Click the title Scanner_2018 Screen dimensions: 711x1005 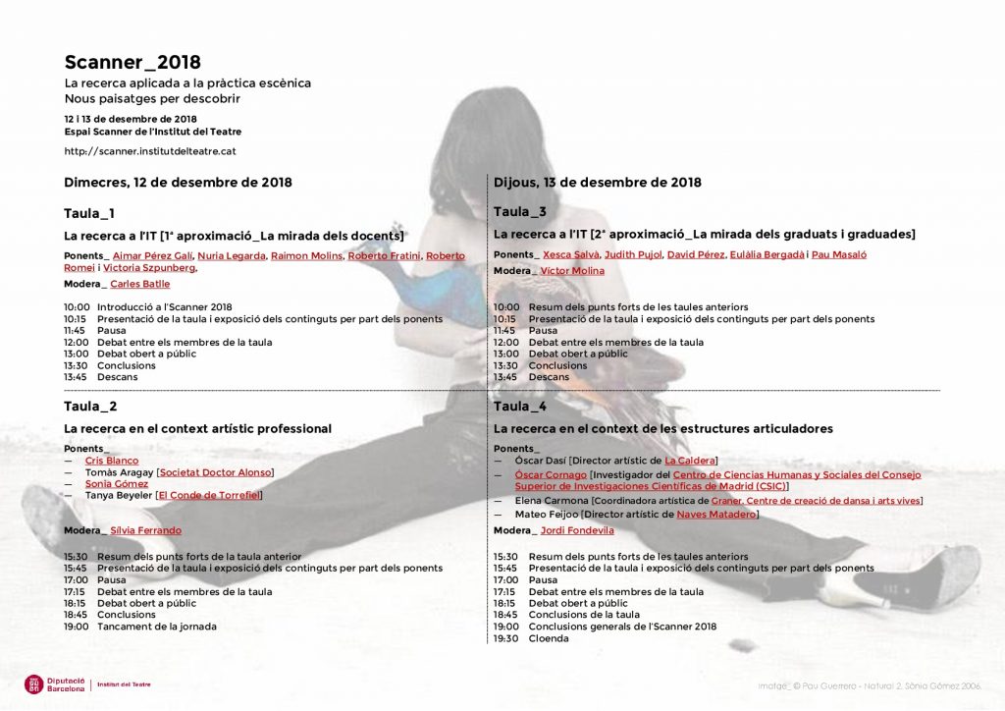pyautogui.click(x=132, y=63)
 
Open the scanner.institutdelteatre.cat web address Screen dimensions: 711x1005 pyautogui.click(x=150, y=151)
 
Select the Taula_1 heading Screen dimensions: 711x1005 pyautogui.click(x=89, y=213)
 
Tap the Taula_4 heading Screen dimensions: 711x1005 pyautogui.click(x=520, y=406)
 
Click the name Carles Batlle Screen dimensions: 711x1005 pyautogui.click(x=140, y=284)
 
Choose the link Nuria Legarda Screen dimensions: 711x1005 pyautogui.click(x=232, y=255)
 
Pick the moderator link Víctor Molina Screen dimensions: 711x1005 pyautogui.click(x=572, y=271)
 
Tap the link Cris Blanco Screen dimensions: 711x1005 pyautogui.click(x=112, y=461)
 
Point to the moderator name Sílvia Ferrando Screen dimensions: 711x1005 pyautogui.click(x=146, y=530)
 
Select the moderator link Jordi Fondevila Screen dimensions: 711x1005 pyautogui.click(x=577, y=530)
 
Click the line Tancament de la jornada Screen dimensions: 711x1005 pyautogui.click(x=156, y=627)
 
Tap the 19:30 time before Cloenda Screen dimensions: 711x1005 pyautogui.click(x=505, y=638)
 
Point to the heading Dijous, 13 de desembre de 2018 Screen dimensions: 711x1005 pyautogui.click(x=597, y=183)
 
